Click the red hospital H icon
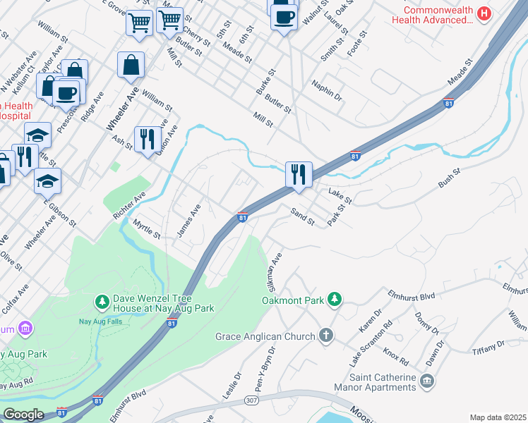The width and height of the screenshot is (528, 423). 484,13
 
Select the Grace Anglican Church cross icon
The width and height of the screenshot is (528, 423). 325,336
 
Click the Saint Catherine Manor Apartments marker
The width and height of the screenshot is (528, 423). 427,381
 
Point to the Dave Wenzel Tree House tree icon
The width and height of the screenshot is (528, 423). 103,302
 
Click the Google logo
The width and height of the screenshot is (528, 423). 23,414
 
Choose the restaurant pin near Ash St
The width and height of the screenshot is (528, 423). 147,138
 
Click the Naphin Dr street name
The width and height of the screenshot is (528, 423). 327,91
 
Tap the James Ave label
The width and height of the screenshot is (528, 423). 189,221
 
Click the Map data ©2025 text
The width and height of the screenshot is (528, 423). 497,417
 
